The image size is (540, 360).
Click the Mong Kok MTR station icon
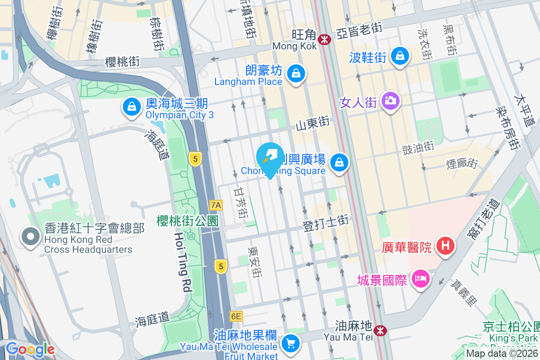pyautogui.click(x=324, y=40)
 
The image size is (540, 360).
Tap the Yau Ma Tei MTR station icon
pyautogui.click(x=381, y=331)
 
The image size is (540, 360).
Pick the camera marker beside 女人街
pyautogui.click(x=390, y=100)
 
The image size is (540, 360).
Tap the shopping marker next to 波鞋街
pyautogui.click(x=399, y=56)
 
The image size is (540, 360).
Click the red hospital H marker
pyautogui.click(x=445, y=246)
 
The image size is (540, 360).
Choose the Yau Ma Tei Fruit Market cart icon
pyautogui.click(x=290, y=344)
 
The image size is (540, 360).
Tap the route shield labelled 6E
pyautogui.click(x=236, y=316)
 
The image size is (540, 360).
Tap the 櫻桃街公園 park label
pyautogui.click(x=187, y=221)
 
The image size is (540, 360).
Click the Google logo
pyautogui.click(x=30, y=349)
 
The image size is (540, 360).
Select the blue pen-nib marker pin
pyautogui.click(x=270, y=158)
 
